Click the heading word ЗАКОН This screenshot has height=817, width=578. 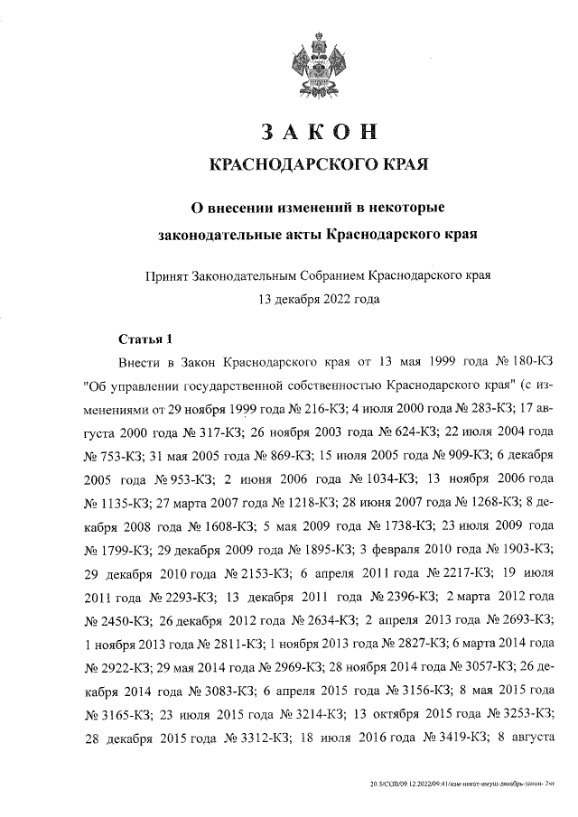click(317, 132)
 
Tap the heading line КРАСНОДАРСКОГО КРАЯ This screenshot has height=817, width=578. click(317, 167)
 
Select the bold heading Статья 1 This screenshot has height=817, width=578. click(145, 339)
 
